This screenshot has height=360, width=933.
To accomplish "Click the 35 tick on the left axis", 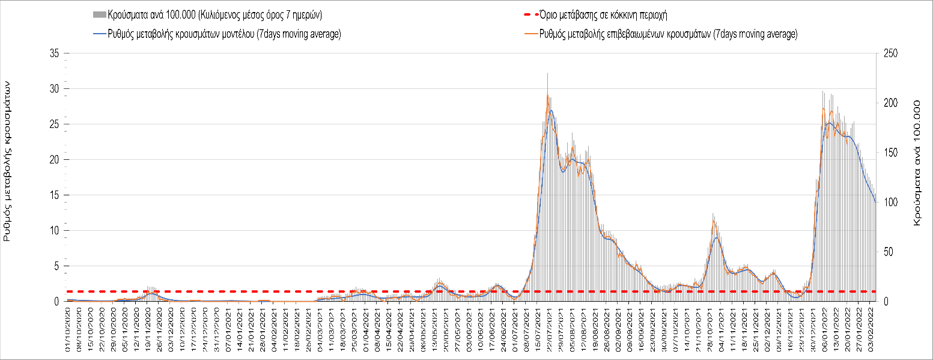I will [56, 53].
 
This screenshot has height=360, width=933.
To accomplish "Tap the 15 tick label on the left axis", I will [56, 195].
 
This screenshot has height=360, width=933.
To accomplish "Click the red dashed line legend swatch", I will [528, 14].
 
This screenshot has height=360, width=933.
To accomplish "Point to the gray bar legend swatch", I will [100, 14].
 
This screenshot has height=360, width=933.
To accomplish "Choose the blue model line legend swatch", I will [100, 34].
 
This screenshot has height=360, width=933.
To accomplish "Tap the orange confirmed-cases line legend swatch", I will [528, 34].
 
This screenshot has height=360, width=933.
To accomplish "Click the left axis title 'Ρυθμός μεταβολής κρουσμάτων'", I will [8, 162].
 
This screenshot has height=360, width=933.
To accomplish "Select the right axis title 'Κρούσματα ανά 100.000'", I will [917, 162].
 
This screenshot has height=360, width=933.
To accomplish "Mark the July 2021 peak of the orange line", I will [547, 94].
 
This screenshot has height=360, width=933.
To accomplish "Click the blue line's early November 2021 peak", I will [717, 238].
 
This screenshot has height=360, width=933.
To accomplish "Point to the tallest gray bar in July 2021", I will [547, 73].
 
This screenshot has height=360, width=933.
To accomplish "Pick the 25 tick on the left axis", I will [56, 124].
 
